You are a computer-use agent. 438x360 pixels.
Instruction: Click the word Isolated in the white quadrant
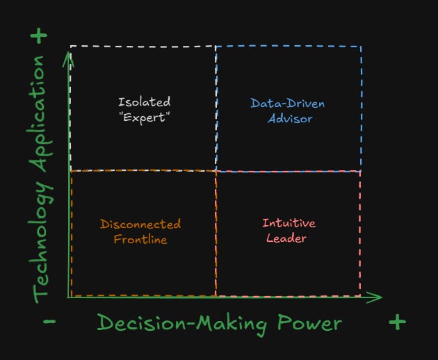pyautogui.click(x=144, y=102)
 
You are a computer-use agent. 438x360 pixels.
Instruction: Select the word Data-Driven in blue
pyautogui.click(x=287, y=104)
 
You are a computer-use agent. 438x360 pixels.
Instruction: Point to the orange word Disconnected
pyautogui.click(x=140, y=224)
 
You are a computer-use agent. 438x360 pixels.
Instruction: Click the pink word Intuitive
pyautogui.click(x=289, y=223)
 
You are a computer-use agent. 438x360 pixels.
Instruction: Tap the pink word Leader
pyautogui.click(x=289, y=238)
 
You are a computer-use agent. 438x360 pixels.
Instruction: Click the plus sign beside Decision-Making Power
pyautogui.click(x=396, y=322)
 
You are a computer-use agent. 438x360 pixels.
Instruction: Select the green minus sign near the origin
pyautogui.click(x=49, y=322)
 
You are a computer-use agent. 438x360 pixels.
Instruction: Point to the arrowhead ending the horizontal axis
pyautogui.click(x=379, y=297)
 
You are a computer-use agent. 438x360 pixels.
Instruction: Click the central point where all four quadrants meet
pyautogui.click(x=216, y=170)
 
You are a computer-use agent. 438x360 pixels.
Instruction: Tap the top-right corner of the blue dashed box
pyautogui.click(x=361, y=47)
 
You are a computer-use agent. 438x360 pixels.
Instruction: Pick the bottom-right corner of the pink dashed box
pyautogui.click(x=360, y=295)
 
